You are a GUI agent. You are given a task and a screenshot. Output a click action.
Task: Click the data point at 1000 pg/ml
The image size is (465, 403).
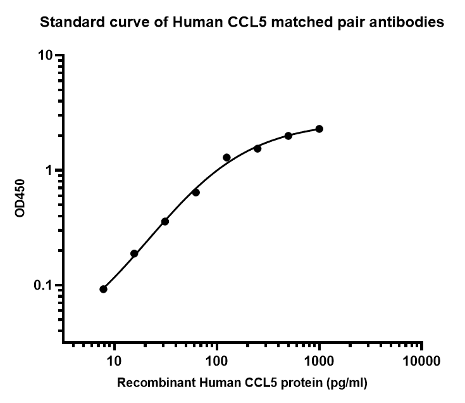[x=319, y=129]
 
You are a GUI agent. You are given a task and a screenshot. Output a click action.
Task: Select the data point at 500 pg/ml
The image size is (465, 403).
[x=288, y=136]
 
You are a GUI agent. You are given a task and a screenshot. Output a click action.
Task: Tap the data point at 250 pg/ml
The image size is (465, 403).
[x=257, y=148]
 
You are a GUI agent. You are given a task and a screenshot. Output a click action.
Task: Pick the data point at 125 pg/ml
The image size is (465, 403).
[x=226, y=157]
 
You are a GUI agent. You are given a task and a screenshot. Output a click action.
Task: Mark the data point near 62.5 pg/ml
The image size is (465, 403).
[x=195, y=192]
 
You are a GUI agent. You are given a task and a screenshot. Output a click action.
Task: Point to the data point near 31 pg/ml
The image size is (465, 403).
[x=165, y=221]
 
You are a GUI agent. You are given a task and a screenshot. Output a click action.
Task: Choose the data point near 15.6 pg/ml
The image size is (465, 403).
[x=134, y=253]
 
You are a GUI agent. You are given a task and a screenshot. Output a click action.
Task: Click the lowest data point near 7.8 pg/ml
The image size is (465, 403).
[x=103, y=289]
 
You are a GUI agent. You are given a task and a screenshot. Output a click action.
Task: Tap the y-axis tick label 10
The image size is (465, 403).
[x=44, y=56]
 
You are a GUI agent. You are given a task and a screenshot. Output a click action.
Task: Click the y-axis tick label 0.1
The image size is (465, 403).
[x=43, y=286]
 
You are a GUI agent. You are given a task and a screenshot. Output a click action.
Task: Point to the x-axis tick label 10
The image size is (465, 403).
[x=114, y=362]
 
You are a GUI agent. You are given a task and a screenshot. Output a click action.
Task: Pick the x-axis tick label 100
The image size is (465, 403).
[x=217, y=362]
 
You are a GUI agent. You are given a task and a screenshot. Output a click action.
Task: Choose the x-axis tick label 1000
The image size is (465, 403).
[x=319, y=362]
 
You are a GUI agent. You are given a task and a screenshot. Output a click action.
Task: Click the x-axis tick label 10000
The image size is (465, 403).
[x=422, y=362]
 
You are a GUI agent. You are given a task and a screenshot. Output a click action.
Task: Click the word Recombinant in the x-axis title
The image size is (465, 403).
[x=148, y=383]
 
